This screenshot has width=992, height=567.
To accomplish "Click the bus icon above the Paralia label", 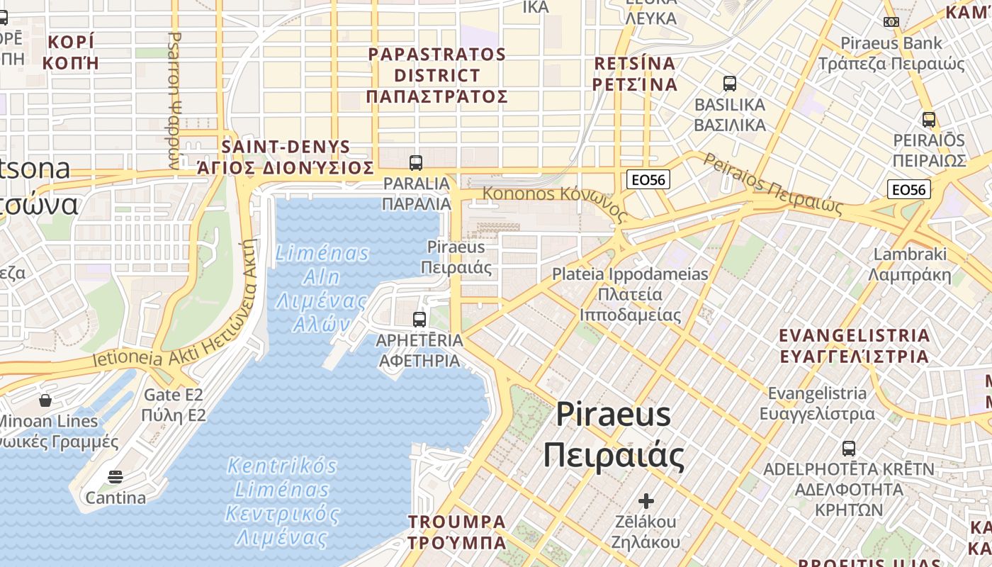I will [x=416, y=163].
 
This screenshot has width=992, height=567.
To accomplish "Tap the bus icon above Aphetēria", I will [x=419, y=320].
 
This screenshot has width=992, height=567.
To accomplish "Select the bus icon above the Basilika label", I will [x=730, y=84].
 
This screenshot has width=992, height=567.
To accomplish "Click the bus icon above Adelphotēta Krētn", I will [x=849, y=448].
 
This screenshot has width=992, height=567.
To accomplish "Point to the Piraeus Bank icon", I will [x=891, y=22].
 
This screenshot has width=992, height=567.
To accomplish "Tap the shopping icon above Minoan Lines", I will [x=45, y=400].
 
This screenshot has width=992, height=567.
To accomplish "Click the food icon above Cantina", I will [x=115, y=477].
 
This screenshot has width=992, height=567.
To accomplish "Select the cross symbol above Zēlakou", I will [x=646, y=501].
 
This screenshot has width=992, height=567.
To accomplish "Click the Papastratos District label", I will [x=437, y=75].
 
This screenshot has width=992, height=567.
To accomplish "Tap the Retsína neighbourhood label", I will [x=636, y=74].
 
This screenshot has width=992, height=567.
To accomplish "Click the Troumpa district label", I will [x=457, y=532].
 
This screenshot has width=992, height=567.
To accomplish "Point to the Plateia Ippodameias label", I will [x=630, y=294].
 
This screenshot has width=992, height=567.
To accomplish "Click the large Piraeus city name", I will [x=614, y=435].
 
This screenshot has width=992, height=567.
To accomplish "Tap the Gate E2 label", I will [x=174, y=405].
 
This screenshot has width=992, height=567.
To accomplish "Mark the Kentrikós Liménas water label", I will [x=282, y=500].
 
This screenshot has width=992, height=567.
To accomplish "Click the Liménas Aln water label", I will [x=322, y=288].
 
